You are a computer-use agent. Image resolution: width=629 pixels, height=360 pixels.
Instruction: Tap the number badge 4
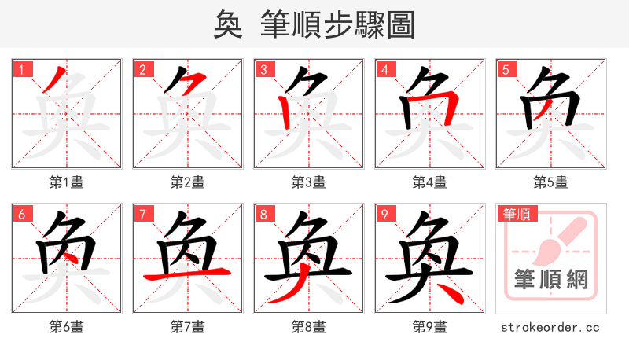click(385, 69)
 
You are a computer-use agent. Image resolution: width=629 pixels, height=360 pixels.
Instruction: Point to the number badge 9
click(385, 214)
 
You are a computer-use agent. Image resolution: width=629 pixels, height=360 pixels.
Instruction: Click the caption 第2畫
click(187, 182)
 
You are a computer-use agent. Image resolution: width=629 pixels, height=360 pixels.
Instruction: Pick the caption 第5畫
click(550, 182)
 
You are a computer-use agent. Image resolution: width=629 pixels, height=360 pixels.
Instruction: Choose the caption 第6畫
click(66, 327)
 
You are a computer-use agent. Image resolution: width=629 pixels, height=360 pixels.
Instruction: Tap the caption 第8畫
click(308, 327)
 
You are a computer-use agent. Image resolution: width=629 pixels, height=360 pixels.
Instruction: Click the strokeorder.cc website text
click(550, 327)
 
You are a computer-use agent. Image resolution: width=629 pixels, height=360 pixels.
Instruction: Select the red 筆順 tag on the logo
click(518, 214)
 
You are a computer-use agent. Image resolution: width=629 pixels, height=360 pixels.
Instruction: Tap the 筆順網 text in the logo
click(550, 280)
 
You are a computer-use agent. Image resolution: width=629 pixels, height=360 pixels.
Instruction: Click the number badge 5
click(506, 69)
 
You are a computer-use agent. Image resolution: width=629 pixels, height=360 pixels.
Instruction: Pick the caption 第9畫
click(429, 327)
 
